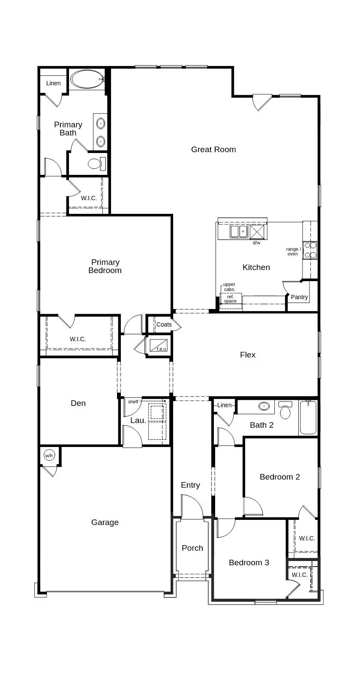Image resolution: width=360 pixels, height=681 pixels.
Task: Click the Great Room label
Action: coord(213,150)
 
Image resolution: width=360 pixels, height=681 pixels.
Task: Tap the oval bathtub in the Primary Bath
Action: coord(87,79)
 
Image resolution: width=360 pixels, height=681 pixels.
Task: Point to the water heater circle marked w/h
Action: coord(49,456)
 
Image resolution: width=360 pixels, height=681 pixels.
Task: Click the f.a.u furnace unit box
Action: coord(159,345)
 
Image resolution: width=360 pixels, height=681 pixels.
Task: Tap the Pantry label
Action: coord(299,297)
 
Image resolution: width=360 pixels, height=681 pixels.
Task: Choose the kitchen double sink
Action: coord(239,231)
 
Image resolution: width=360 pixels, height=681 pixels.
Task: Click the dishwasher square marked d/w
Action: coord(258,231)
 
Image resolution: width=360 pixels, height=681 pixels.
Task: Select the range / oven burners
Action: coord(310,250)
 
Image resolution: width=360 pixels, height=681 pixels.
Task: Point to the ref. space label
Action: coord(231,299)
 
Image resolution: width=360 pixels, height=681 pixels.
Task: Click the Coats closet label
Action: coord(164,324)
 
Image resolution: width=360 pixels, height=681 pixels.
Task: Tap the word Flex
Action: coord(248,355)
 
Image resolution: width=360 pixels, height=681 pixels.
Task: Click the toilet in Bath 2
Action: coord(285,411)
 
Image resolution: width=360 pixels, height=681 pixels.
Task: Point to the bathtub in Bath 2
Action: coord(308,417)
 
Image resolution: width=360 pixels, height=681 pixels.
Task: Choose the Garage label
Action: coord(105,522)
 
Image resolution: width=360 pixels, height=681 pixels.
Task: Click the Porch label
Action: coord(192,548)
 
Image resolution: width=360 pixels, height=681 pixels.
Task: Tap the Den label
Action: coord(78,403)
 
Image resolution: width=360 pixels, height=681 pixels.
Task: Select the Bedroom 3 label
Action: coord(249,563)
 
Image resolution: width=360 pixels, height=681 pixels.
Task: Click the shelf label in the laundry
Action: coord(133,402)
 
